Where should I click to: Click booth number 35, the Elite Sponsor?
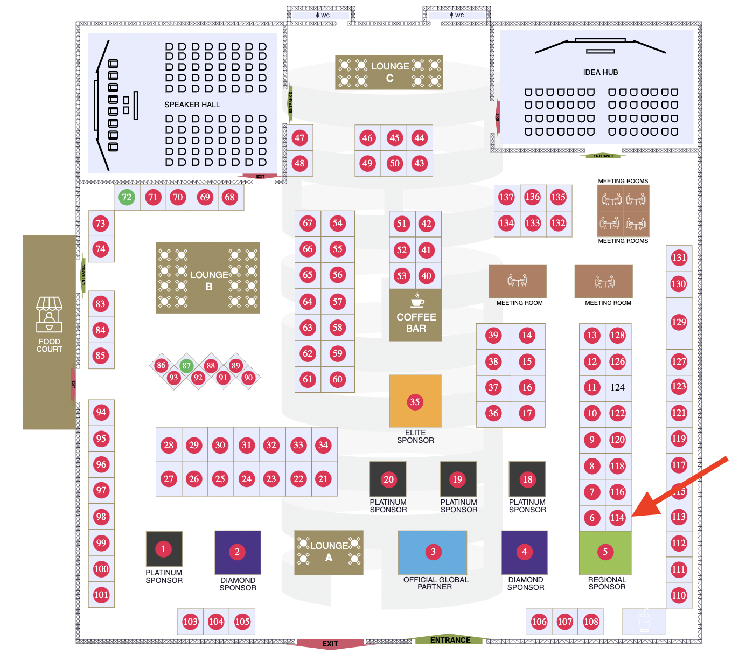click(415, 402)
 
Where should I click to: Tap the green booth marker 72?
click(127, 197)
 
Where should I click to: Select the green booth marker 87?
click(186, 366)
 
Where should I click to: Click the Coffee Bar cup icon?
click(417, 300)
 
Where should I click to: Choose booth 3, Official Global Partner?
click(433, 552)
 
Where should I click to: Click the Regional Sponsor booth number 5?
click(605, 552)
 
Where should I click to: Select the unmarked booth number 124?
click(617, 387)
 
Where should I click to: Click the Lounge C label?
click(390, 72)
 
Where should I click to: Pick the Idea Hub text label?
click(601, 72)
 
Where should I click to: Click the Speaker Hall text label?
click(192, 105)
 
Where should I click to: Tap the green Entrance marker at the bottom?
click(450, 640)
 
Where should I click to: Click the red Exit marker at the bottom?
click(330, 644)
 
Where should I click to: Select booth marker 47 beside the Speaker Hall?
click(299, 138)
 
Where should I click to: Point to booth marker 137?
click(506, 197)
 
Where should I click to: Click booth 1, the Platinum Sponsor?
click(163, 549)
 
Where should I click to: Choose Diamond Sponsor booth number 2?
click(237, 552)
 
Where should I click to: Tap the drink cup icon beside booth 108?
click(644, 621)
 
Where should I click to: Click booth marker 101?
click(101, 595)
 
